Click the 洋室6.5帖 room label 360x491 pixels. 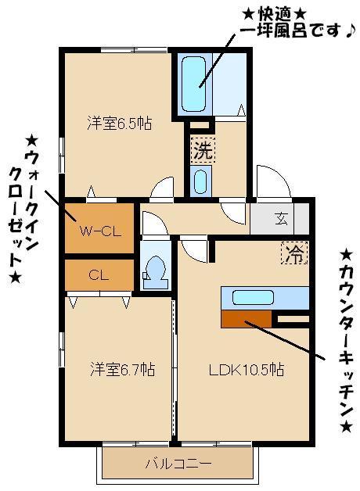tap(119, 123)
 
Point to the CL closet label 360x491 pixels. tap(98, 274)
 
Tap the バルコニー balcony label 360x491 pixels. tap(178, 464)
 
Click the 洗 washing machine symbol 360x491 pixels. tap(202, 149)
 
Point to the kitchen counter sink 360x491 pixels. tap(252, 297)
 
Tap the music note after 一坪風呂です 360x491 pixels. tap(350, 31)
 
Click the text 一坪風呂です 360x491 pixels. tap(288, 32)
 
